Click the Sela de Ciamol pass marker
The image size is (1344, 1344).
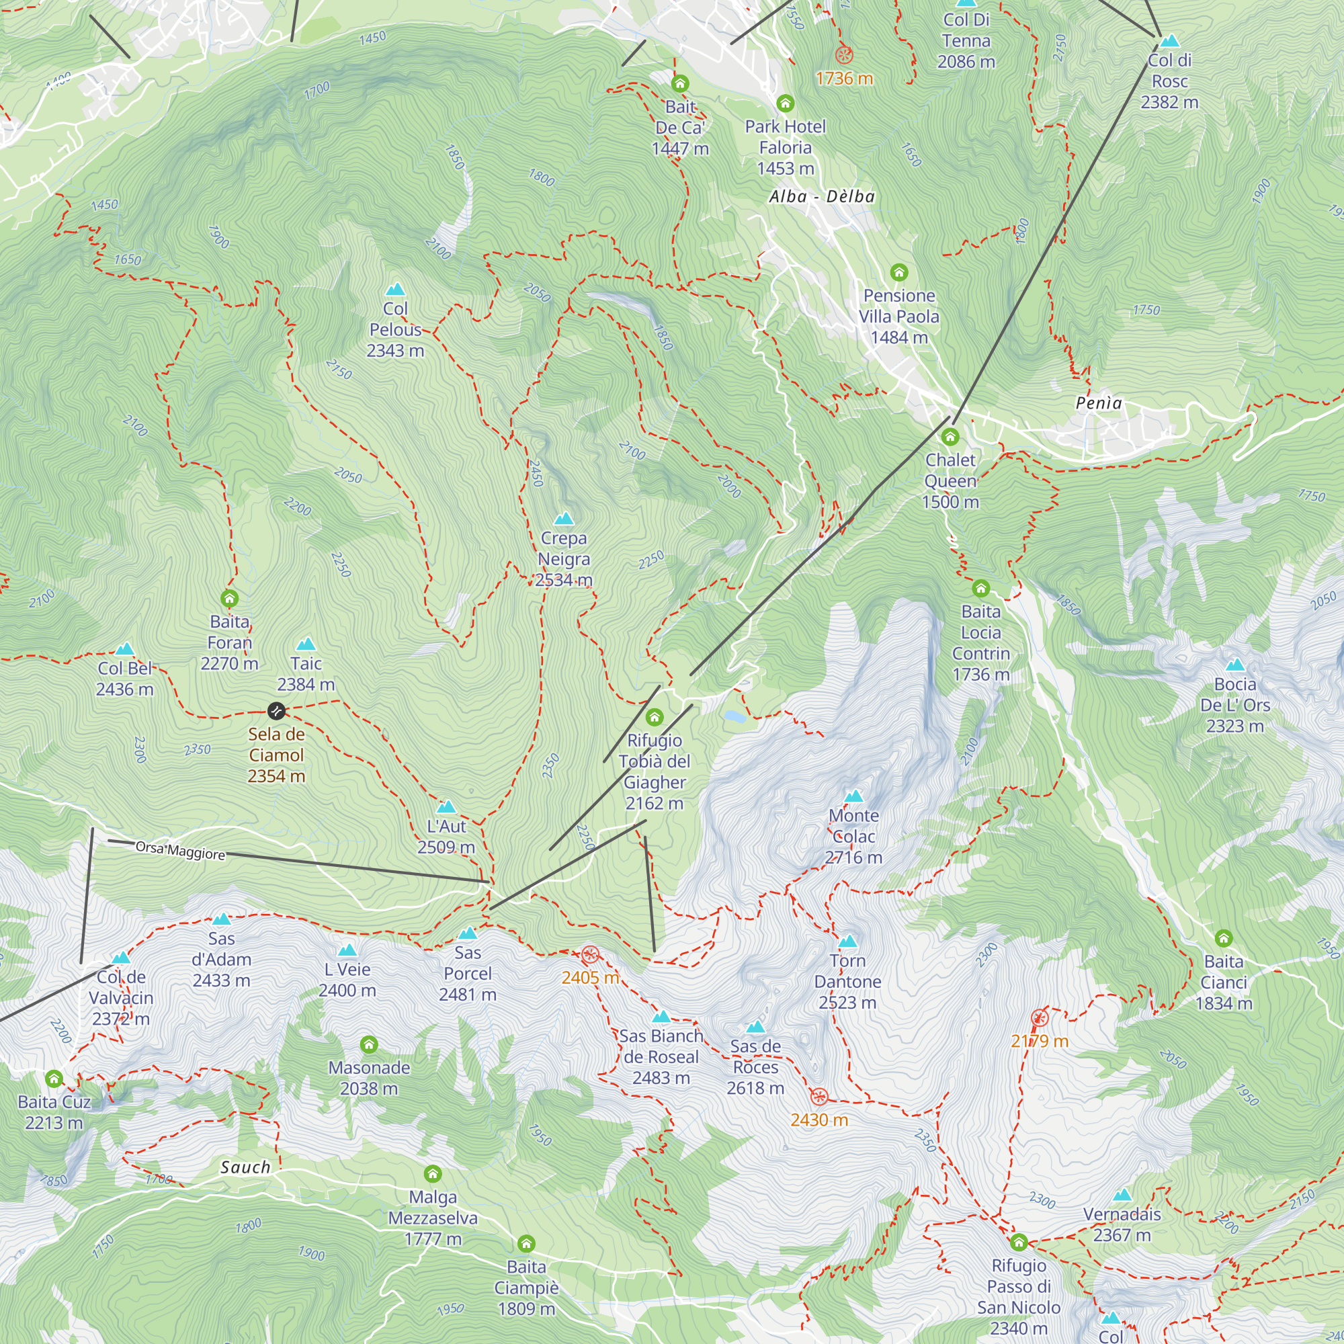click(x=276, y=711)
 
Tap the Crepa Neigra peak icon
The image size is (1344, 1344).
click(x=564, y=519)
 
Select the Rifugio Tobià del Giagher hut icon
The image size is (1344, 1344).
click(x=654, y=717)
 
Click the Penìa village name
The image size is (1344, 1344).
click(x=1099, y=403)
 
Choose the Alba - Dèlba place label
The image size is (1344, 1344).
click(x=822, y=197)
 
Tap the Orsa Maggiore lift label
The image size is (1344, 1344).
click(x=180, y=850)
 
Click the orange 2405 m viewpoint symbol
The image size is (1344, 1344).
click(x=590, y=954)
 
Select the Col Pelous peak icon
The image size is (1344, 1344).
click(x=395, y=290)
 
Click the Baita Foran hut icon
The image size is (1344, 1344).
click(x=230, y=598)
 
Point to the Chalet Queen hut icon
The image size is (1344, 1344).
click(x=950, y=437)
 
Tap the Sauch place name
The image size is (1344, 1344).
click(x=245, y=1168)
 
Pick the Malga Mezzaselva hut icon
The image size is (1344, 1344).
click(x=433, y=1174)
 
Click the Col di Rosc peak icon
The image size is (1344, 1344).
click(x=1169, y=41)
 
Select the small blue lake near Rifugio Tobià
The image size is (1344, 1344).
click(x=734, y=716)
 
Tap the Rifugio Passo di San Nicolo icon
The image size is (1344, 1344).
click(x=1019, y=1243)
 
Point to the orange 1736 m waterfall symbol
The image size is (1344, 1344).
click(x=844, y=55)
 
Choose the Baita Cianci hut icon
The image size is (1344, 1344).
click(x=1224, y=938)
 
